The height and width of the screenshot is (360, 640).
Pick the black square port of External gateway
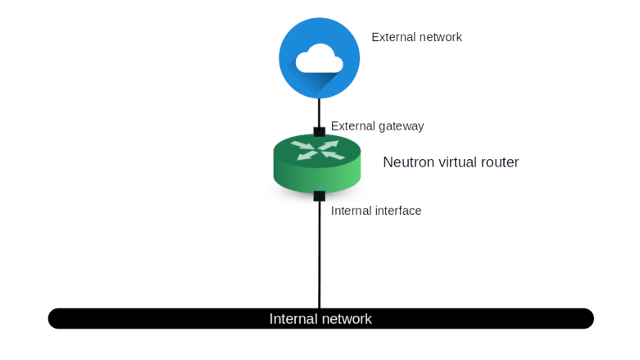tap(319, 130)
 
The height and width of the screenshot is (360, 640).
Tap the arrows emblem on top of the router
tap(316, 149)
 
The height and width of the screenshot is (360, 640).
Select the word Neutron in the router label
tap(406, 162)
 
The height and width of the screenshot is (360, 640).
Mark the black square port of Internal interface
tap(319, 195)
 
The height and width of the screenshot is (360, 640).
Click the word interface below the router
tap(398, 211)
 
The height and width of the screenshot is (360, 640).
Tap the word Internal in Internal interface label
tap(352, 211)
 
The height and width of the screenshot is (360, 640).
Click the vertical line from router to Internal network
tap(319, 254)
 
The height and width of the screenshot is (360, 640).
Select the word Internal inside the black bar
tap(292, 318)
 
